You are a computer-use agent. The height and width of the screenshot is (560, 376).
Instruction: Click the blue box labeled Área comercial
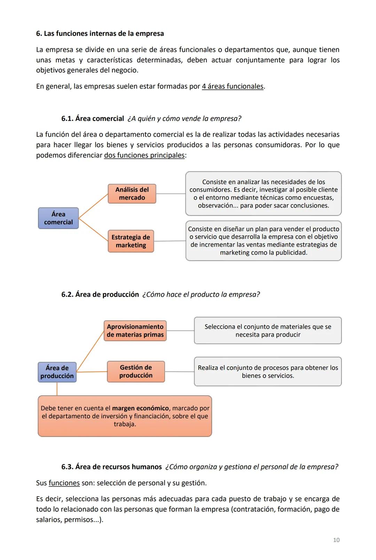tap(58, 218)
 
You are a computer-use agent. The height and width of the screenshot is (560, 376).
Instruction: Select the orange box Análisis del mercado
tap(132, 194)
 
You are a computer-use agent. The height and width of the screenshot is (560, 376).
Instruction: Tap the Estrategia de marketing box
tap(131, 241)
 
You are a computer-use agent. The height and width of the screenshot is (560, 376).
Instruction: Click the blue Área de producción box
tap(57, 372)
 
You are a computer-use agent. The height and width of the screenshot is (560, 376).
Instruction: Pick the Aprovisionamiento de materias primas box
tap(135, 330)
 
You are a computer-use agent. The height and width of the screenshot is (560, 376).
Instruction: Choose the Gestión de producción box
tap(136, 371)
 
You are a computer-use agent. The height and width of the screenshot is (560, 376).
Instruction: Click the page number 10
tap(336, 540)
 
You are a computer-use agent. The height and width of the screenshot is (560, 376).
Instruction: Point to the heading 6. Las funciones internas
tap(100, 33)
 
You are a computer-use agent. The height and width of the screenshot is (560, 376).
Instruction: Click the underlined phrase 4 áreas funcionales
tap(233, 86)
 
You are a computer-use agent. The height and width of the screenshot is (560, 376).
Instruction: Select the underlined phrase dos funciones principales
tap(144, 155)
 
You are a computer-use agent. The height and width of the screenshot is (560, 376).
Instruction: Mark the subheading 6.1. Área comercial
tap(93, 118)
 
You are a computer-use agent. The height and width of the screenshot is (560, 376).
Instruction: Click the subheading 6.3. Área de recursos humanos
tap(111, 467)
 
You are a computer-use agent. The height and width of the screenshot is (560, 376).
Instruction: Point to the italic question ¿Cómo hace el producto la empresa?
tap(201, 294)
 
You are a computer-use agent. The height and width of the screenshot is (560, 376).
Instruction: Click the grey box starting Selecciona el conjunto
tap(267, 330)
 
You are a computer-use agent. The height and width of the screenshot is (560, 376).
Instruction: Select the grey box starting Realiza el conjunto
tap(267, 372)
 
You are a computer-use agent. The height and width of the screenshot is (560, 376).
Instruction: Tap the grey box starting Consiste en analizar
tap(263, 194)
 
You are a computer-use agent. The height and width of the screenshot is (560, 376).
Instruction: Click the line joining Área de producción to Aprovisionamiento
tap(91, 351)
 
